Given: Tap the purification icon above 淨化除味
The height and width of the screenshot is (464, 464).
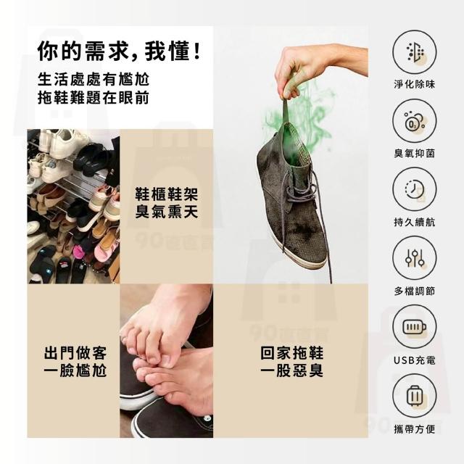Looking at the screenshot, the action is (x=414, y=52).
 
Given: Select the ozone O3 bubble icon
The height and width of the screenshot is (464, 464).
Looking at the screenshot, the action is (x=414, y=121).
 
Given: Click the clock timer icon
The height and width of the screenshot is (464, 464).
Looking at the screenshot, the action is (x=414, y=190).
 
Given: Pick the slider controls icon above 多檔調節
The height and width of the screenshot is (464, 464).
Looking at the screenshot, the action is (x=414, y=258).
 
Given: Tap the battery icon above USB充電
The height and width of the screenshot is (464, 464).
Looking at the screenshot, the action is (x=414, y=327).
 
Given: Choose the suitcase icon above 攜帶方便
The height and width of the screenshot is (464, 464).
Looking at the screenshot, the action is (x=414, y=396).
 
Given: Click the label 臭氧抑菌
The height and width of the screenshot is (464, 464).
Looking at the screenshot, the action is (x=414, y=153).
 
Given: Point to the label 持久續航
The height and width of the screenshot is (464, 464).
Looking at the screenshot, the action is (x=414, y=222).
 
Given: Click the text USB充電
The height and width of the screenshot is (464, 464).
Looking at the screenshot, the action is (x=414, y=360).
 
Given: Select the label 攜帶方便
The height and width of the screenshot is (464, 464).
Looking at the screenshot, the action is (x=414, y=429).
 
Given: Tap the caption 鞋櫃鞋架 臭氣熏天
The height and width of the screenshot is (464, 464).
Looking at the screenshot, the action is (x=166, y=203).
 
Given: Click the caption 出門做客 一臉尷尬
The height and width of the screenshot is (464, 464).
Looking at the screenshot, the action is (x=75, y=361).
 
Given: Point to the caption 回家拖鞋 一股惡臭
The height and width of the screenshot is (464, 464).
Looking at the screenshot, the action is (x=291, y=361).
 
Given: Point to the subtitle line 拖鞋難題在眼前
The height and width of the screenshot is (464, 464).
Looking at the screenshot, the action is (x=94, y=98).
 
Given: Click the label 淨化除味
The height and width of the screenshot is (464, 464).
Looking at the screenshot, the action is (x=414, y=84).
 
